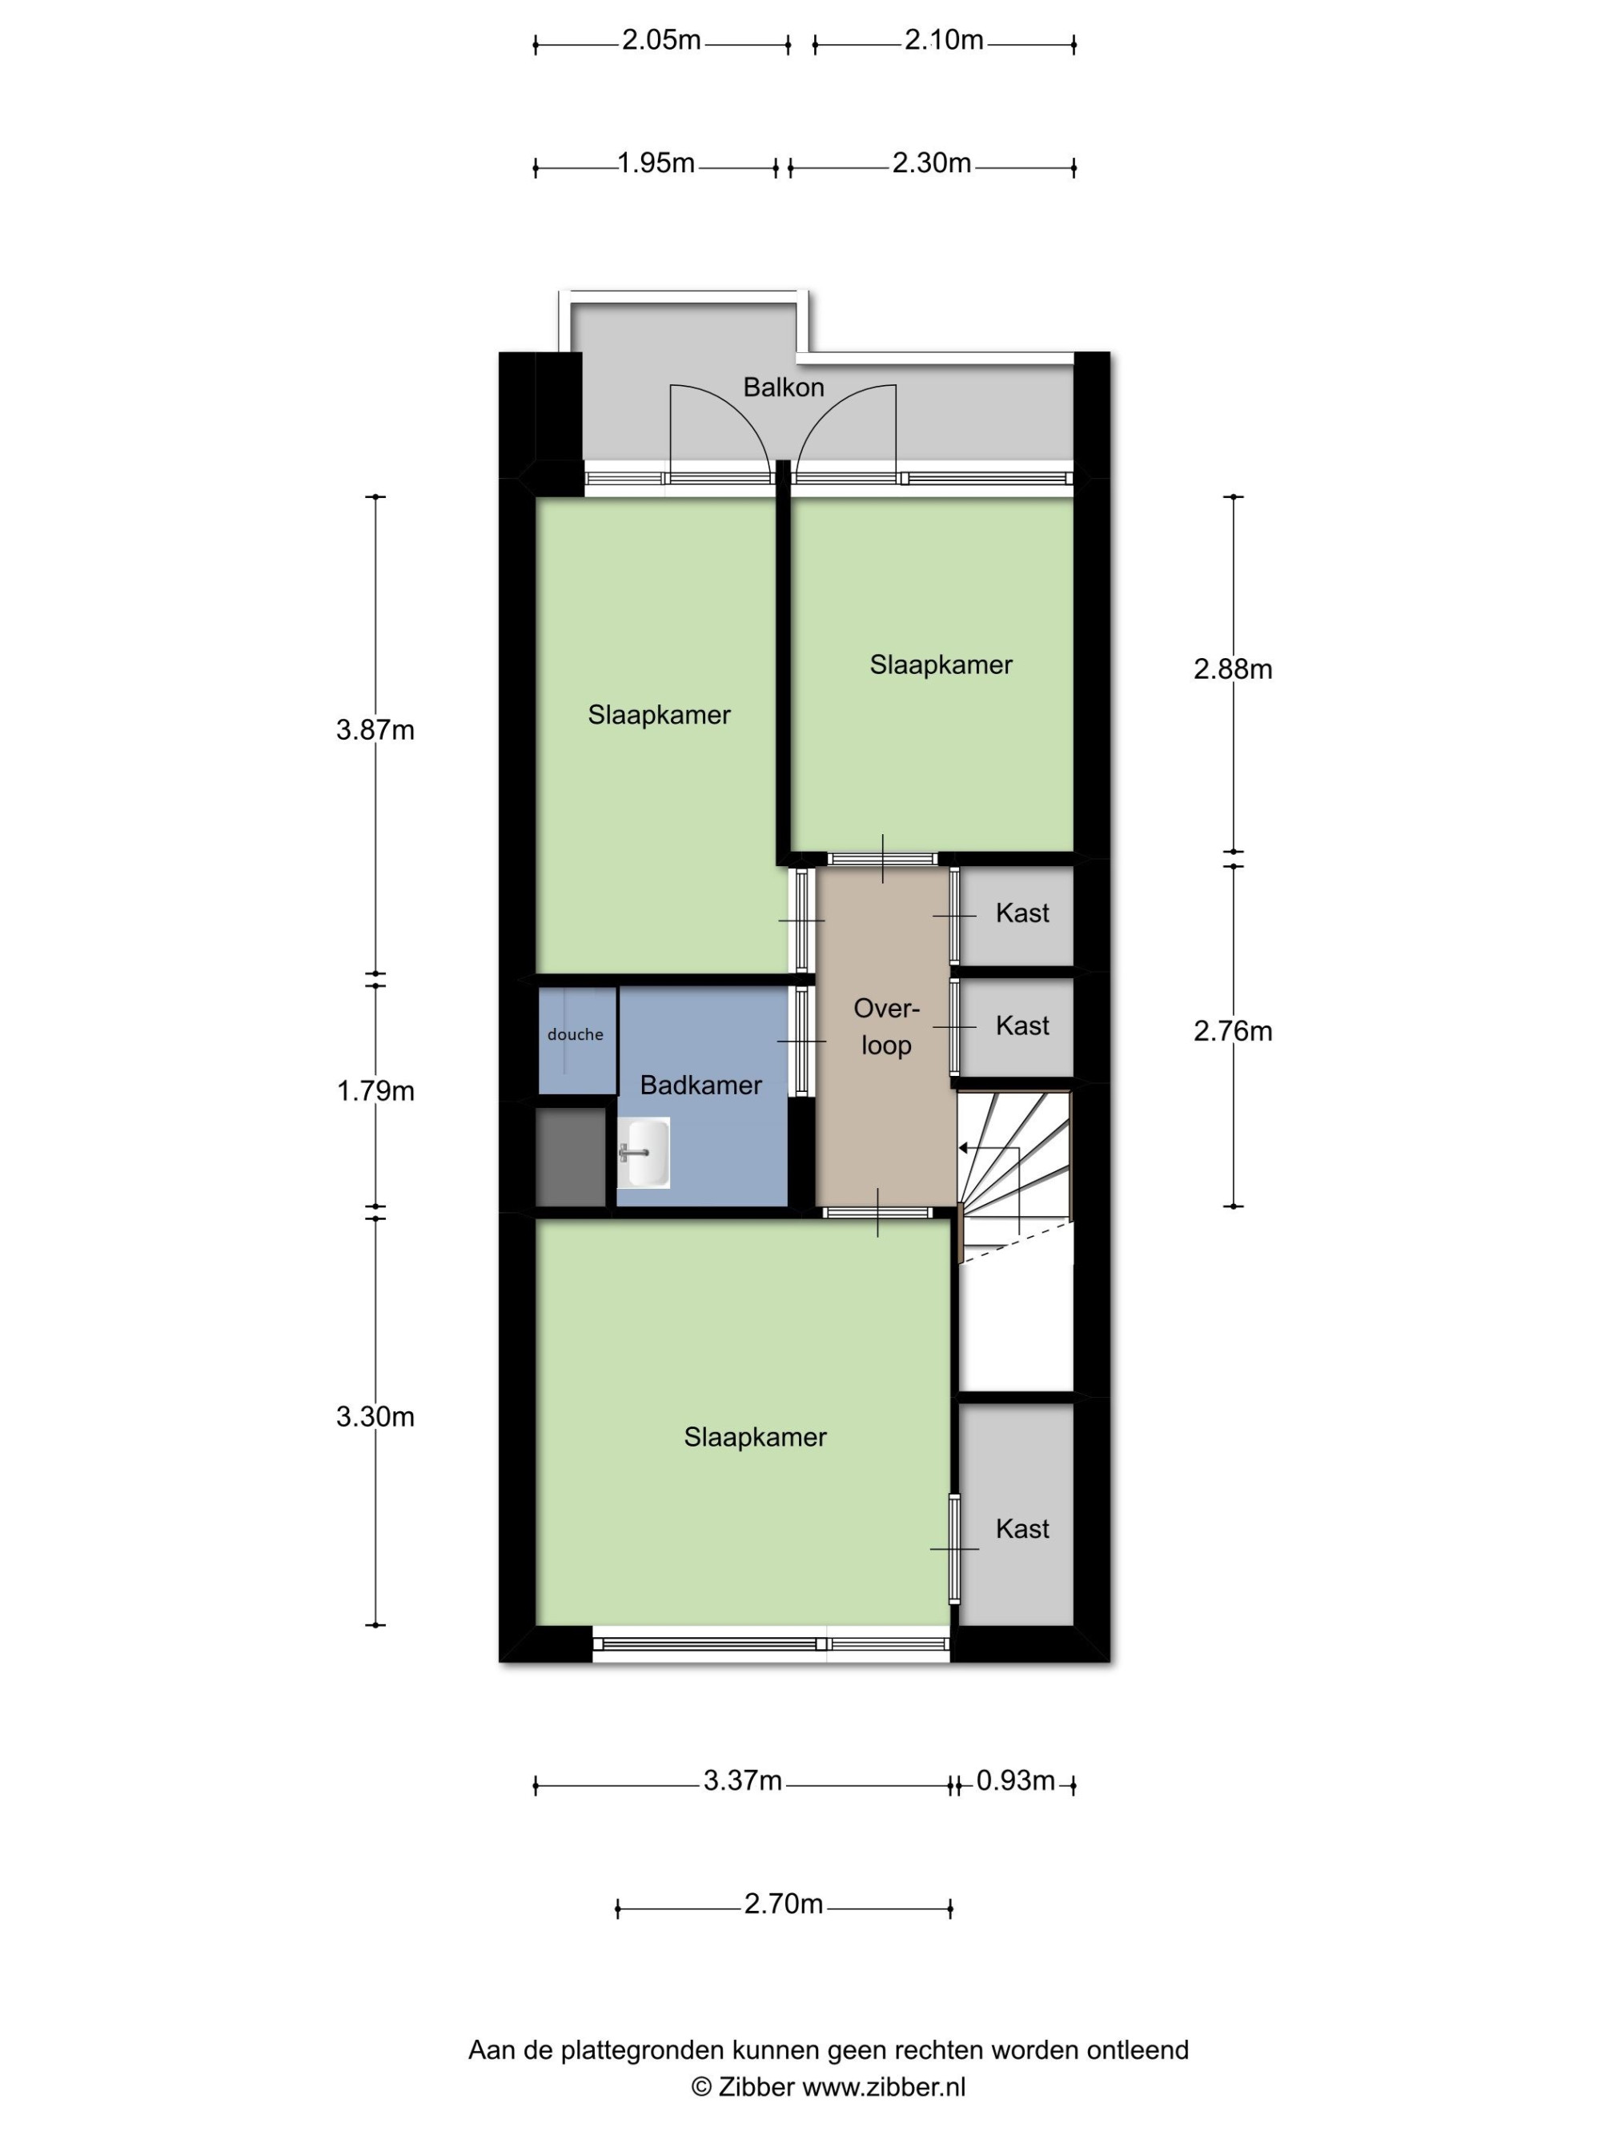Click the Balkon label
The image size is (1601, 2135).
click(783, 387)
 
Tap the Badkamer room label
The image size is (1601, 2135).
click(700, 1085)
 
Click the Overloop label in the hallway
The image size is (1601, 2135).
click(886, 1026)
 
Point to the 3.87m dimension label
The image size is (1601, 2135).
click(375, 730)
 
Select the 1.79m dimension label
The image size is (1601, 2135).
click(375, 1090)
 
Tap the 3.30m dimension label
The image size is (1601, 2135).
click(375, 1416)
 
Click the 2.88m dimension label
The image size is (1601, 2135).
click(1232, 669)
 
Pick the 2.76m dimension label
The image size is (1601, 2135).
click(1232, 1031)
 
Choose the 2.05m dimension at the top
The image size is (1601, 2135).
click(661, 41)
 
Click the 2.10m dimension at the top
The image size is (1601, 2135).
click(944, 41)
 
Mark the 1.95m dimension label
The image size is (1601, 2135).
click(656, 163)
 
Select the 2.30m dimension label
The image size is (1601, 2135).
click(931, 163)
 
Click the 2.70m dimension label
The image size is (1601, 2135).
click(783, 1904)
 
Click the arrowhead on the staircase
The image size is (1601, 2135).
click(964, 1148)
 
